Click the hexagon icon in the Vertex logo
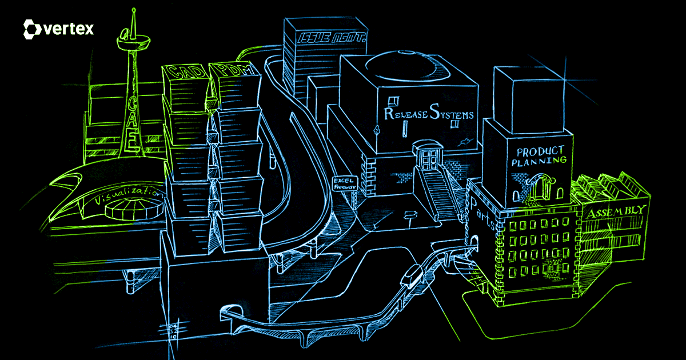(x=31, y=29)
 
